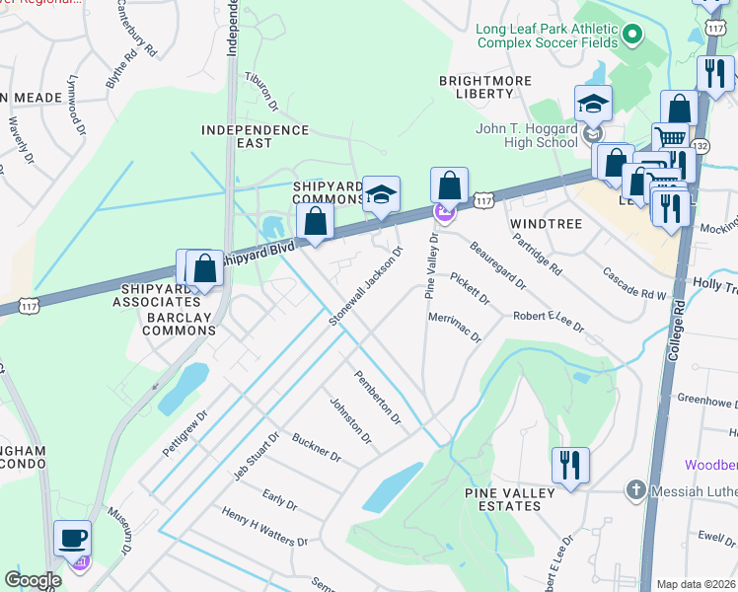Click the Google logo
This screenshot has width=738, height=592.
(x=33, y=580)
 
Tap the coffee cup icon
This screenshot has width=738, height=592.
(x=73, y=539)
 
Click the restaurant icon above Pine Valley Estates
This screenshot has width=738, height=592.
(x=570, y=465)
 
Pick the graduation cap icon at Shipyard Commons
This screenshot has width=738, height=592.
(x=381, y=194)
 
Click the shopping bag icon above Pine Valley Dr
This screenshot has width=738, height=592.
(x=449, y=185)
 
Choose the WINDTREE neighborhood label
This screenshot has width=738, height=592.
(x=547, y=225)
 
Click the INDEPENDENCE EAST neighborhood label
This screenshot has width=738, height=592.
(x=255, y=136)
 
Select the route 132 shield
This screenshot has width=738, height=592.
(x=701, y=145)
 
